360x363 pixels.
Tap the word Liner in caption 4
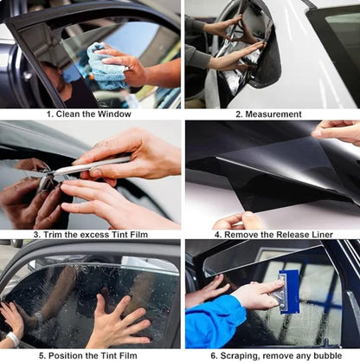coord(325,235)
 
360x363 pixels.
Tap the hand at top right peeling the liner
coord(338,131)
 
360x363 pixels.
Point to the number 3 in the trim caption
coord(36,235)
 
